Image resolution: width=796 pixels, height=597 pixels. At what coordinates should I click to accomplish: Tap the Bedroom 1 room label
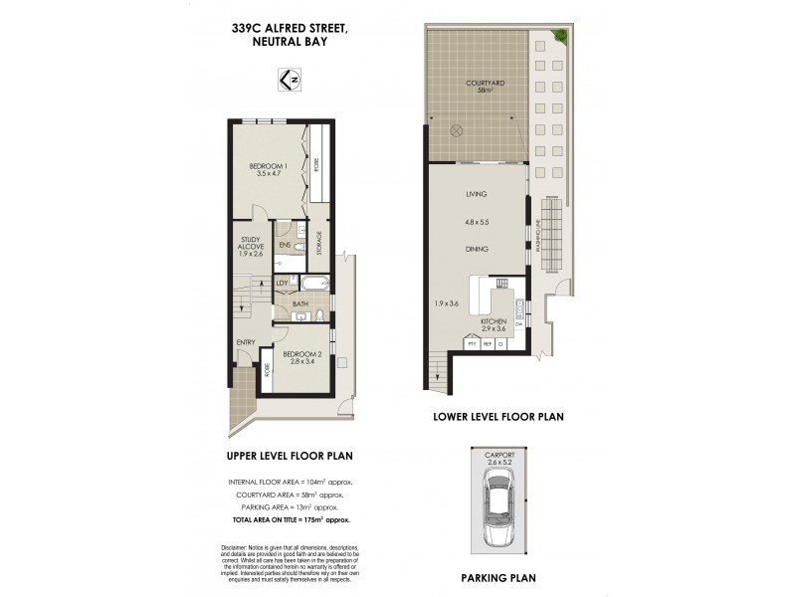[x=268, y=170]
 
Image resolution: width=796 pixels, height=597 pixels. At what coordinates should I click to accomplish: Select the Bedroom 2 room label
[x=301, y=358]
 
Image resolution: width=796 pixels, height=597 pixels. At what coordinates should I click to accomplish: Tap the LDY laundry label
[x=282, y=284]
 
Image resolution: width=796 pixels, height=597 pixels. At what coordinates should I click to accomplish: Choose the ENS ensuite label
[x=284, y=244]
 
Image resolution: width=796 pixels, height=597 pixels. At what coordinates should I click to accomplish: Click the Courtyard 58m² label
[x=485, y=87]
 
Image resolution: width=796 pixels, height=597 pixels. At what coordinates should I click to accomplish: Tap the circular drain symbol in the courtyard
[x=457, y=129]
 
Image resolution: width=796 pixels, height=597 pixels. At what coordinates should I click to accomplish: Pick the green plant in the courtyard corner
[x=561, y=37]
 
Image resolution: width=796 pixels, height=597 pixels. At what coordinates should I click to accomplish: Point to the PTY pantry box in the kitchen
[x=473, y=344]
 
